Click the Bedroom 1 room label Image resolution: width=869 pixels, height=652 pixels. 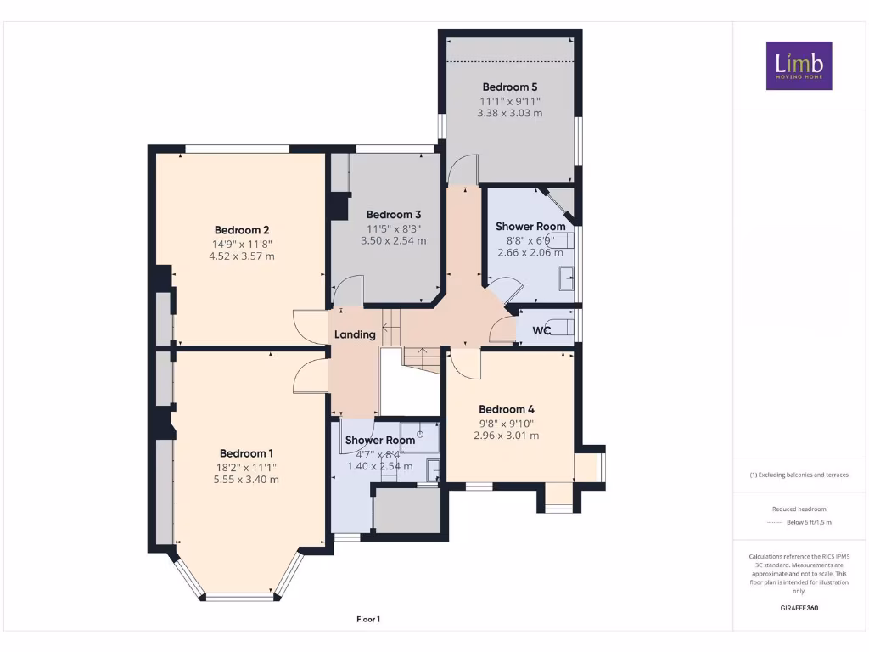247,452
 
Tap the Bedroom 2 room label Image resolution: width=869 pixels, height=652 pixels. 242,230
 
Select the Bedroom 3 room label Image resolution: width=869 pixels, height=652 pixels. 393,215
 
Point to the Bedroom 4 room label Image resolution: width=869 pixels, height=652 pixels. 506,408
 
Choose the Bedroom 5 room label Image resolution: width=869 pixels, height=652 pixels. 510,87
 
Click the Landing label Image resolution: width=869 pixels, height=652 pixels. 355,334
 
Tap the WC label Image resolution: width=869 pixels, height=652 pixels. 542,330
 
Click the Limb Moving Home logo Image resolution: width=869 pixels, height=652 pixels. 799,65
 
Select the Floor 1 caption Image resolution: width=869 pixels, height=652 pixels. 367,620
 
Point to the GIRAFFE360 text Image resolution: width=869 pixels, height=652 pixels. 799,608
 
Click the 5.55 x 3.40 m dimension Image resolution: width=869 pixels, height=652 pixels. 247,480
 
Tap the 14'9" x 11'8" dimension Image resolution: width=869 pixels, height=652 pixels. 242,244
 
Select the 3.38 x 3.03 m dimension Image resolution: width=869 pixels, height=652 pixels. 510,113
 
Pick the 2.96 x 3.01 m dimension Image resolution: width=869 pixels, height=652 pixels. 506,436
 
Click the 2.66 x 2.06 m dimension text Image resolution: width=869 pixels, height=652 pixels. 530,252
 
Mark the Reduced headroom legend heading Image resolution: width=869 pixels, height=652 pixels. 799,509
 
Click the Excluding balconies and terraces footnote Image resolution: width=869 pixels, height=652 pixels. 799,475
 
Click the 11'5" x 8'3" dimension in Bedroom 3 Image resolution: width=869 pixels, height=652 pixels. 393,228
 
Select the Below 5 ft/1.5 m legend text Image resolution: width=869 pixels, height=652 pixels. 809,522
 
